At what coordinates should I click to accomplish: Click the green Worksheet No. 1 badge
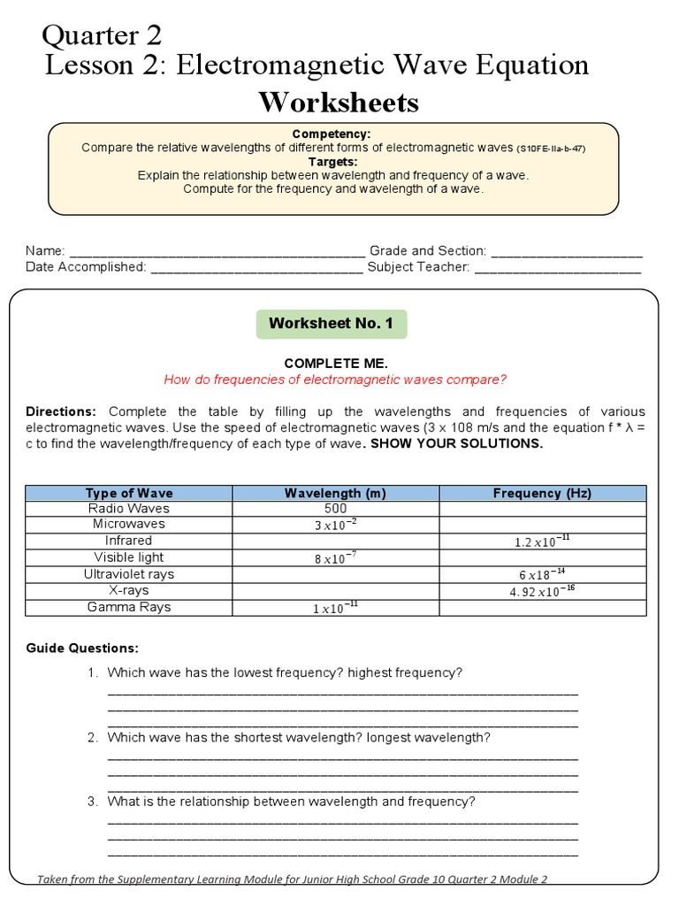(x=332, y=324)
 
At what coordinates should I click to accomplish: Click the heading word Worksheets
(x=339, y=104)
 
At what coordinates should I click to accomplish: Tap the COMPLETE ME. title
(x=335, y=364)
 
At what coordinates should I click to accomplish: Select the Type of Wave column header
(x=129, y=493)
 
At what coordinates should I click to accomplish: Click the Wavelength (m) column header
(x=335, y=493)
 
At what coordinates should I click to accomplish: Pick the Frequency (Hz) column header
(x=542, y=493)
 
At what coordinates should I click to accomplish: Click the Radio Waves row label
(x=129, y=509)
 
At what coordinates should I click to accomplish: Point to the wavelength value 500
(x=335, y=509)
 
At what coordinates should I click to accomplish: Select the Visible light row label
(x=129, y=557)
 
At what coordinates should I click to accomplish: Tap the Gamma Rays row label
(x=129, y=607)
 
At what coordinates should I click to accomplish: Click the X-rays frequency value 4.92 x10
(x=542, y=591)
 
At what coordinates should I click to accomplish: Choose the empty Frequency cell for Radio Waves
(x=542, y=509)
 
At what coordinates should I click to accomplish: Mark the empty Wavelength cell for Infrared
(x=335, y=541)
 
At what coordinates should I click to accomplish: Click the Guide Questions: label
(x=82, y=649)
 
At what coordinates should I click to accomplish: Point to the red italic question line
(x=335, y=380)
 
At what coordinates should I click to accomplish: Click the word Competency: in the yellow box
(x=332, y=134)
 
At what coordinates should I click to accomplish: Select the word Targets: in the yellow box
(x=332, y=162)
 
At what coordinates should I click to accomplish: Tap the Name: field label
(x=45, y=251)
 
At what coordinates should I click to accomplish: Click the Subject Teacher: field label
(x=418, y=266)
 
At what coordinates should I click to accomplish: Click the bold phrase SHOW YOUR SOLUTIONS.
(x=456, y=443)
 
